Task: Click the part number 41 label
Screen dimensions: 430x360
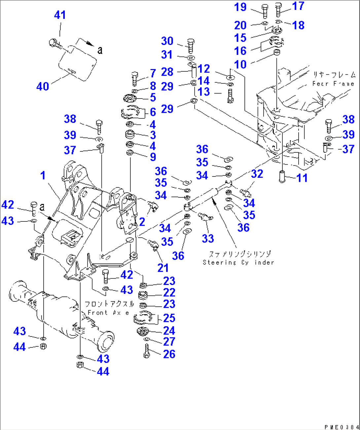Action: click(x=60, y=15)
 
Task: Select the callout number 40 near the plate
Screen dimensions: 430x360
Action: click(x=43, y=87)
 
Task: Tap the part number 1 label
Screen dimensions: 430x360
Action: click(x=43, y=176)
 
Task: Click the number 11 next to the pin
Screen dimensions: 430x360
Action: click(x=302, y=178)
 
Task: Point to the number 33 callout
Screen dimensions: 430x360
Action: click(x=208, y=238)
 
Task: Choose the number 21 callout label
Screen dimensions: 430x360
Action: click(x=163, y=268)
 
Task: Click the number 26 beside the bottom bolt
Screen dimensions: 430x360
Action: click(x=169, y=354)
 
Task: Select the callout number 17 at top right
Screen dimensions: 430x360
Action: click(x=298, y=6)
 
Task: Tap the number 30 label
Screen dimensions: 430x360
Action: click(x=167, y=41)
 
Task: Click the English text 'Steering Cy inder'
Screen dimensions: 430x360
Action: click(x=238, y=262)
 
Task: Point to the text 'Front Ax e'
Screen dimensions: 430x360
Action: click(x=108, y=313)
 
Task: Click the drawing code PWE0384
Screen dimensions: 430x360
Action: click(x=341, y=427)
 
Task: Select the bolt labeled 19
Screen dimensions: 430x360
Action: click(x=265, y=11)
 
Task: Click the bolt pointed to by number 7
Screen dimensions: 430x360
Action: click(x=135, y=79)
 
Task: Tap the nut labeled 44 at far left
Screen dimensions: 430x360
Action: click(x=43, y=346)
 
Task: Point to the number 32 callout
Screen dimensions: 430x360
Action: click(x=257, y=174)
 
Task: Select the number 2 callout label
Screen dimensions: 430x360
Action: click(x=142, y=221)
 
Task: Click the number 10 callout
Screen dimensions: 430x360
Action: click(x=240, y=64)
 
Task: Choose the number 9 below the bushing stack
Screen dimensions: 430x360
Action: click(x=153, y=157)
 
